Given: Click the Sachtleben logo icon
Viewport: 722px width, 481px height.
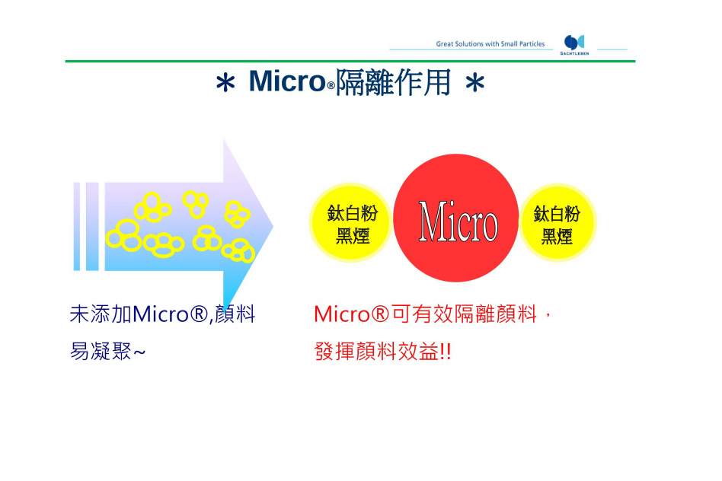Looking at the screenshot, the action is click(574, 43).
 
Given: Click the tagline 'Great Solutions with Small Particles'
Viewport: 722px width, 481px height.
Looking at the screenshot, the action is click(490, 43).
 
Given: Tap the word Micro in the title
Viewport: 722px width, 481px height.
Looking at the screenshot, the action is click(287, 81).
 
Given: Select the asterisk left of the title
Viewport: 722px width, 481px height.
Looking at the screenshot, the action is click(225, 84).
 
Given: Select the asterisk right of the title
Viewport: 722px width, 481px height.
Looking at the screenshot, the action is click(474, 83).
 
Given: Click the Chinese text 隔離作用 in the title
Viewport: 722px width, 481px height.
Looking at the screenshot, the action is click(393, 82).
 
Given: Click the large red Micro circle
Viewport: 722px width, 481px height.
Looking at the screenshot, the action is click(456, 218).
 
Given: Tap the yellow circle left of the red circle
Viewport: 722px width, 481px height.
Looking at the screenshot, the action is click(351, 223).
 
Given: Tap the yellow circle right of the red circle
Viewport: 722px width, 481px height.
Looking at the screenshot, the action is click(557, 223).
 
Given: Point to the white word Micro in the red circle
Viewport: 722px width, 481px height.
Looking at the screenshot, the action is click(458, 221).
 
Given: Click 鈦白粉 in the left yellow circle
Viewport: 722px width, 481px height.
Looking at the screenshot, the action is click(353, 213).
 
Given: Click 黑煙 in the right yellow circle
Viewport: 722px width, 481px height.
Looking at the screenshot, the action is click(557, 237).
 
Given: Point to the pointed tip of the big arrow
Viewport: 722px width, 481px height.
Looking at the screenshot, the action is click(273, 226).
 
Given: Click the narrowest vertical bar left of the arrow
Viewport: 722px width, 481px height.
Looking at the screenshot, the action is click(77, 227).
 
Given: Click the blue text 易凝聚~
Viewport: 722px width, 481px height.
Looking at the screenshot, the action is click(107, 351).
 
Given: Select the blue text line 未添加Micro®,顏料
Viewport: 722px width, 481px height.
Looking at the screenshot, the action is click(162, 314).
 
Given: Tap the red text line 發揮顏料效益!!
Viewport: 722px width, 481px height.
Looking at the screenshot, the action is click(382, 352).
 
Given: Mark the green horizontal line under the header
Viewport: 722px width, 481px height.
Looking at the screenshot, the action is click(350, 61).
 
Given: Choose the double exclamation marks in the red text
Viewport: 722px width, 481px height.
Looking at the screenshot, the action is click(446, 352).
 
